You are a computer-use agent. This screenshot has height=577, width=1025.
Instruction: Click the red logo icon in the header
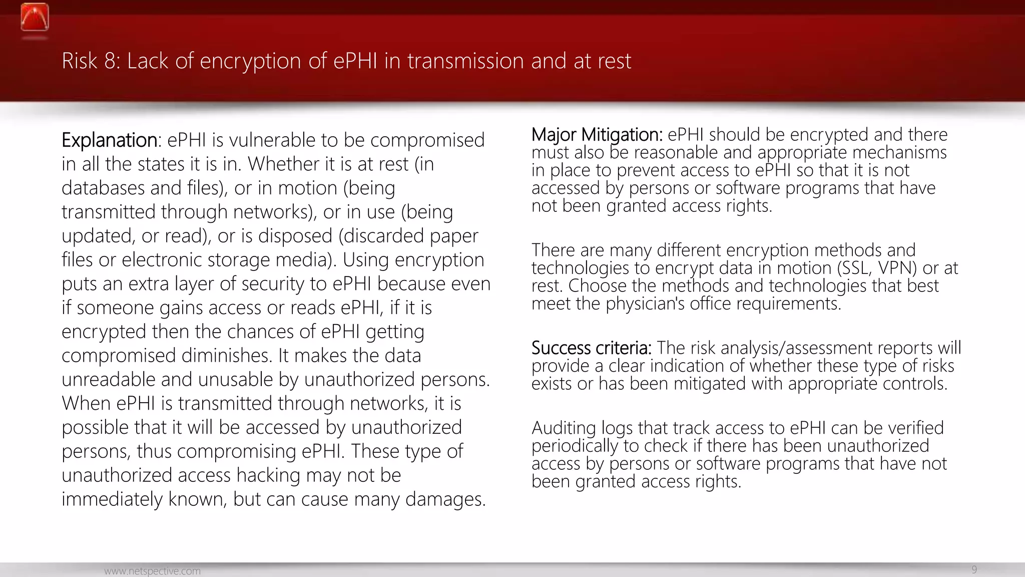coord(35,18)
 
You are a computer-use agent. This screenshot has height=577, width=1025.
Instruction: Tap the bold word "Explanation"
coord(109,140)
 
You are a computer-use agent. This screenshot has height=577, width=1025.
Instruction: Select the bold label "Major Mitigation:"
coord(597,135)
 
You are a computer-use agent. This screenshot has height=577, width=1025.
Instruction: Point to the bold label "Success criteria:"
coord(591,348)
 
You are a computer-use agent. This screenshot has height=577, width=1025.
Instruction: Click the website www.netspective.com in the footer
coord(152,571)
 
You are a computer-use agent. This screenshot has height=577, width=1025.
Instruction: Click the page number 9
coord(974,569)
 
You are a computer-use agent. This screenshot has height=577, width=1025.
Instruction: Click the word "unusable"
coord(236,380)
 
